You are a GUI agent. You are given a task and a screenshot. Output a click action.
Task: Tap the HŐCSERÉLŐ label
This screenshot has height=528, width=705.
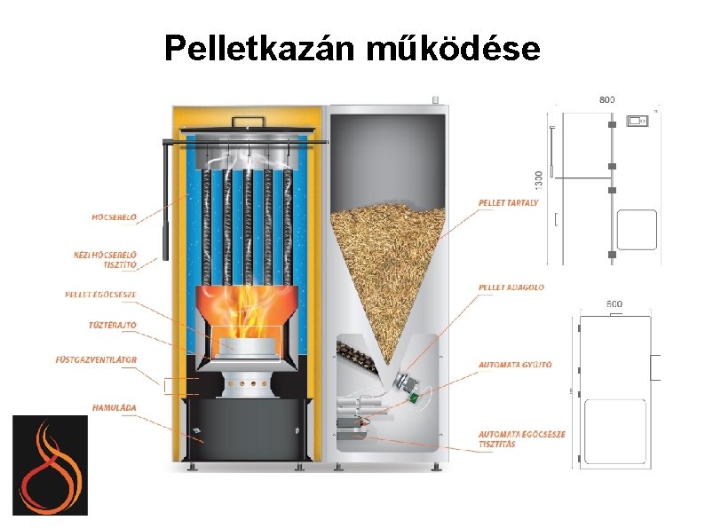point(115,216)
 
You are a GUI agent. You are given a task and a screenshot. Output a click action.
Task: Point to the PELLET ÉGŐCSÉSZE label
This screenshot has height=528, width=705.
point(101,295)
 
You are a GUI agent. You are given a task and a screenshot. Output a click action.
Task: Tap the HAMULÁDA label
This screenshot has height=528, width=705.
point(114,408)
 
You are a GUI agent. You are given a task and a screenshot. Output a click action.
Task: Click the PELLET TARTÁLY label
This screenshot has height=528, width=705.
point(508,203)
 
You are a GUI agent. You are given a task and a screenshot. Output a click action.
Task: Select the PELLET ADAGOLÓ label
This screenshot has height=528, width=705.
point(511,288)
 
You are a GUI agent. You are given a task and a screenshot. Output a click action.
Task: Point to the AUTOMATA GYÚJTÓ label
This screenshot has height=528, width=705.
point(515,364)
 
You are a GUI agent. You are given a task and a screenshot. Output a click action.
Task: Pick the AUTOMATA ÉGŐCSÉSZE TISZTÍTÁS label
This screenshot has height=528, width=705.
point(521,438)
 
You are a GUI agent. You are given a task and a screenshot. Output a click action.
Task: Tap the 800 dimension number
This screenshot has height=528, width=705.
point(606,99)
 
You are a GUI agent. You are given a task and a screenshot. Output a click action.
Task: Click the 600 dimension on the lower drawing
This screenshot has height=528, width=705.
point(614,303)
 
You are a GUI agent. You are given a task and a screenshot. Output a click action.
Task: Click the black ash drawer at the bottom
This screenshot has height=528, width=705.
point(245,429)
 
